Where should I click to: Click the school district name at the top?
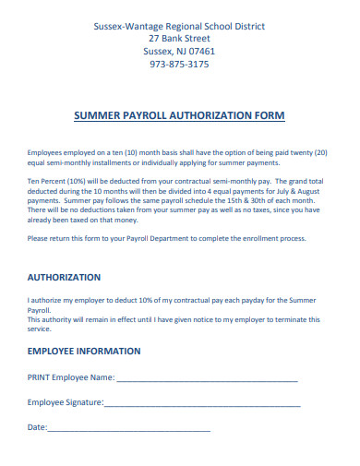[x=179, y=27]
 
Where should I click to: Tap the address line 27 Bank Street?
[x=179, y=39]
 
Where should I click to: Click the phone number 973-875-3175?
[x=179, y=65]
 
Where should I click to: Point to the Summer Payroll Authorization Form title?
[x=178, y=115]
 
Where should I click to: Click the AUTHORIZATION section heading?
[x=64, y=277]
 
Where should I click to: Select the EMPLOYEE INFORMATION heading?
[x=83, y=351]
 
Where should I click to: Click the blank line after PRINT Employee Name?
[x=207, y=378]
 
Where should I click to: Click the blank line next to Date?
[x=128, y=428]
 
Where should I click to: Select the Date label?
[x=36, y=427]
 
